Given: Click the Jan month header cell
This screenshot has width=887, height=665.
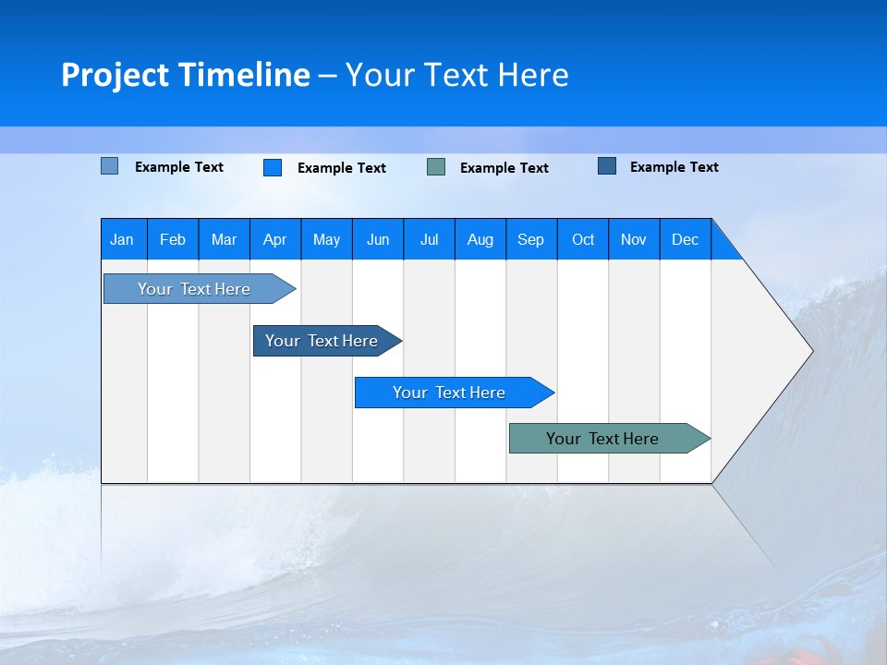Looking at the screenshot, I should tap(123, 239).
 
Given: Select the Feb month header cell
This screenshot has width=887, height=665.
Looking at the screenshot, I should tap(173, 239).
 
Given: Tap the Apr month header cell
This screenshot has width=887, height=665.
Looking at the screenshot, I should tap(275, 239).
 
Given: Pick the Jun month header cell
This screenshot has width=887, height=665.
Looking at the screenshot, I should tap(378, 239).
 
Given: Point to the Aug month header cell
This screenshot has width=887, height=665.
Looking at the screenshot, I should tap(480, 239).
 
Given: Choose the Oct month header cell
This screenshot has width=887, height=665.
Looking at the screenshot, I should tap(583, 239).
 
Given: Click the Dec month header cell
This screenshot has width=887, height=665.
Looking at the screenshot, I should tap(686, 239).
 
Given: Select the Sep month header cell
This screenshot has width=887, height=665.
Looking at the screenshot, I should tap(531, 239).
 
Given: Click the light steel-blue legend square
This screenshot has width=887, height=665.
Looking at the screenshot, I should tap(110, 166).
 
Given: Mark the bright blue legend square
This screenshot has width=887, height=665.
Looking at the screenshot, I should tap(273, 167).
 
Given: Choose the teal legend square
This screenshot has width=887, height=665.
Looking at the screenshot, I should tap(436, 167).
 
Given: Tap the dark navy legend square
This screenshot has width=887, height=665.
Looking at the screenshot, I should tap(607, 166).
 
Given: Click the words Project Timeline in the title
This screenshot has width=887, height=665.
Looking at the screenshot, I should tap(186, 75).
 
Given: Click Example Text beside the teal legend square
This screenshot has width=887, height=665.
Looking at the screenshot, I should tap(504, 168).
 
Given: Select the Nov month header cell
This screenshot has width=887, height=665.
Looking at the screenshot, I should tap(634, 239).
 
